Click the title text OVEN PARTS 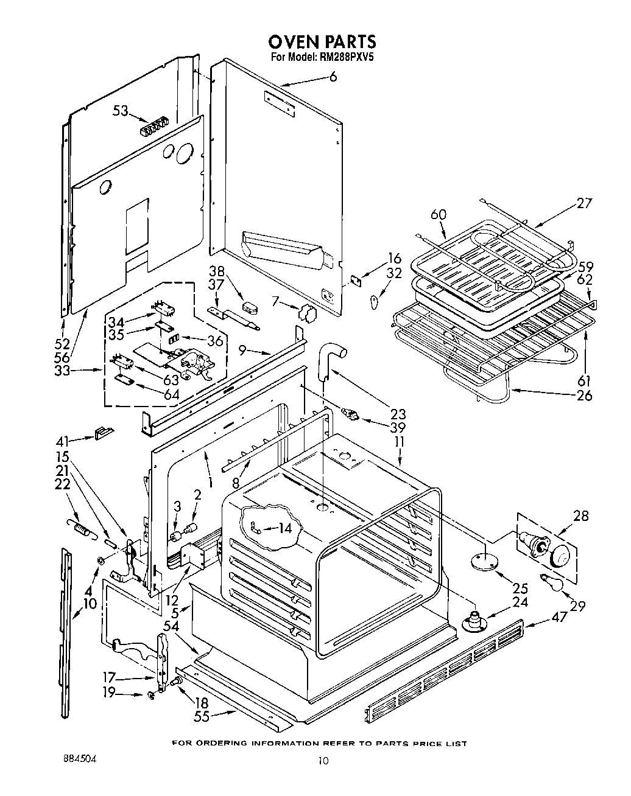pos(322,41)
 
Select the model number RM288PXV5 pos(344,58)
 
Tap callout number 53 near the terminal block pos(121,111)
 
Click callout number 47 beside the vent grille pos(559,616)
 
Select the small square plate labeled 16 pos(356,279)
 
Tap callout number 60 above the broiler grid pos(439,215)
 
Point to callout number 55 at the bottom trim pos(202,716)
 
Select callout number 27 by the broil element pos(583,203)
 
